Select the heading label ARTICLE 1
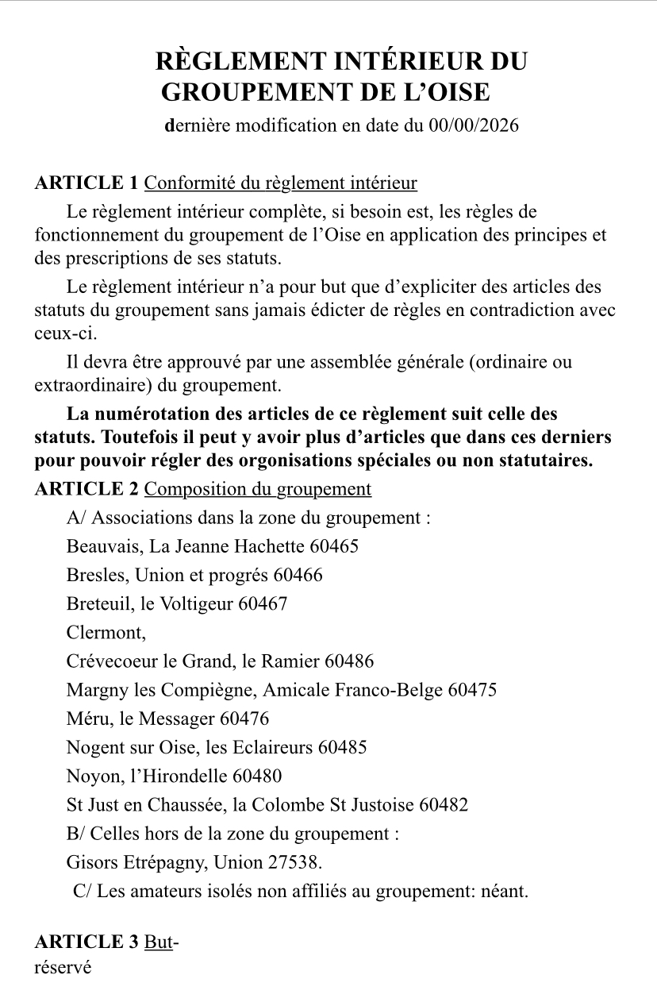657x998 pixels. click(x=86, y=183)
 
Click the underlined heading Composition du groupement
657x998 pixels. click(x=259, y=489)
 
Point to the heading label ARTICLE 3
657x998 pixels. click(x=86, y=942)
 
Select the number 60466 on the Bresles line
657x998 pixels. click(x=298, y=575)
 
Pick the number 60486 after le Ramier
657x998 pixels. click(x=349, y=661)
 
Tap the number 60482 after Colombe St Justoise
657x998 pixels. click(x=444, y=804)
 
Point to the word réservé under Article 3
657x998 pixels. click(x=63, y=968)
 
